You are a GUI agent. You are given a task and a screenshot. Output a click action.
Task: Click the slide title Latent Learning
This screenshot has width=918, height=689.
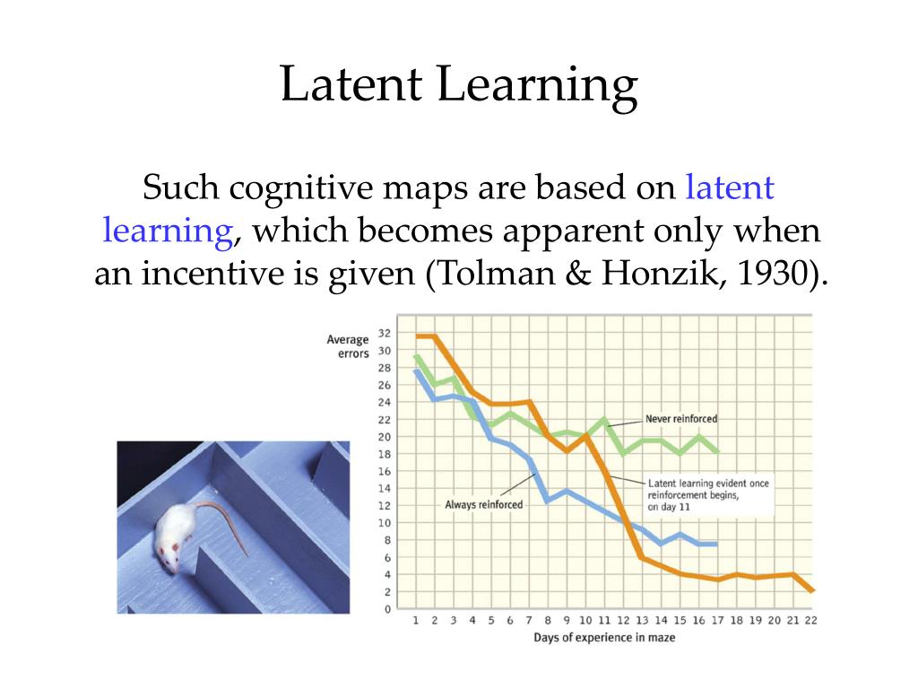coord(458,86)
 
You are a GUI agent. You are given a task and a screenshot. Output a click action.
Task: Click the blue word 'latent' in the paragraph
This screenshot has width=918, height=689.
coord(729,188)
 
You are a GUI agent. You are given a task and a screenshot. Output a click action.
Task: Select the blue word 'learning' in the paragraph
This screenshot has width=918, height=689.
coord(168,231)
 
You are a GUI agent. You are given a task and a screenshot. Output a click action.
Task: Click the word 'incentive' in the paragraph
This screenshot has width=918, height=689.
coord(216,273)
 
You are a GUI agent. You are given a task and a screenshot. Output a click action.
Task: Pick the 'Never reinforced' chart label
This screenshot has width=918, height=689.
coord(681,419)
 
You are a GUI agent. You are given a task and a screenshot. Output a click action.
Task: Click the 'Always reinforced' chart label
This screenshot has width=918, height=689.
coord(483,504)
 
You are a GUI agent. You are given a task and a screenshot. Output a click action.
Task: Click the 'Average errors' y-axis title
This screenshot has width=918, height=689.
coord(348,346)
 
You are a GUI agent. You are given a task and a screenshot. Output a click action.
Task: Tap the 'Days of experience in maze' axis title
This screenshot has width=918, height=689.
coord(604,637)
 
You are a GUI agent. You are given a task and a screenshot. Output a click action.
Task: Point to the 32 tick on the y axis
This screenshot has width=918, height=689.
coord(384,332)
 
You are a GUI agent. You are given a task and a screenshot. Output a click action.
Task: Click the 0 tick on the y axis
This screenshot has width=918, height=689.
coord(387,609)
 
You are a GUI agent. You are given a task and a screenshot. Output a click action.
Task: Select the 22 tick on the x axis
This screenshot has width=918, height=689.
coord(810,620)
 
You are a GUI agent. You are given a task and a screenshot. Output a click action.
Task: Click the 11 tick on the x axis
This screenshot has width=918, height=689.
coord(604,620)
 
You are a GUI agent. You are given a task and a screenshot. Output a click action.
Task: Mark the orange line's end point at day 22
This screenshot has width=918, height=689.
coord(810,590)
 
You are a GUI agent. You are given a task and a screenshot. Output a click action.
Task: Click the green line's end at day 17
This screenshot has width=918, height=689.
coord(716,451)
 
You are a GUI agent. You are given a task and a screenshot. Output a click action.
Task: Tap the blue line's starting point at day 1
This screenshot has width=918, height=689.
coord(416,370)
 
